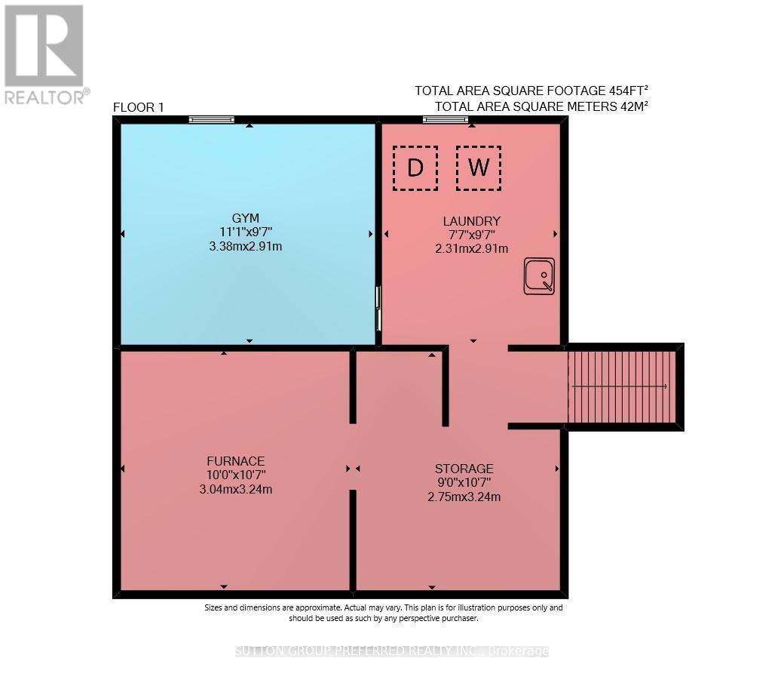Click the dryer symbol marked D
point(415,168)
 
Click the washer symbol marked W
point(478,168)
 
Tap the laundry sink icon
point(539,275)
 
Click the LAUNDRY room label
point(471,221)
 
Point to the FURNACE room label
point(236,460)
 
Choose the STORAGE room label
point(464,469)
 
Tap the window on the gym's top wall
point(211,119)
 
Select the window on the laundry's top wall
point(445,119)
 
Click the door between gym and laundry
point(378,308)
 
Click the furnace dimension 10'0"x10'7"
point(236,475)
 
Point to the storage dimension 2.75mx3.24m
point(464,497)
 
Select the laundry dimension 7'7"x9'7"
point(471,235)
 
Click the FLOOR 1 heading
point(138,107)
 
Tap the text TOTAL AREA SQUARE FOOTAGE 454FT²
point(531,91)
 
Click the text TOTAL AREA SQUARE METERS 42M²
point(541,106)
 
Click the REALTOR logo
point(45,54)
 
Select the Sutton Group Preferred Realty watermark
point(391,650)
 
